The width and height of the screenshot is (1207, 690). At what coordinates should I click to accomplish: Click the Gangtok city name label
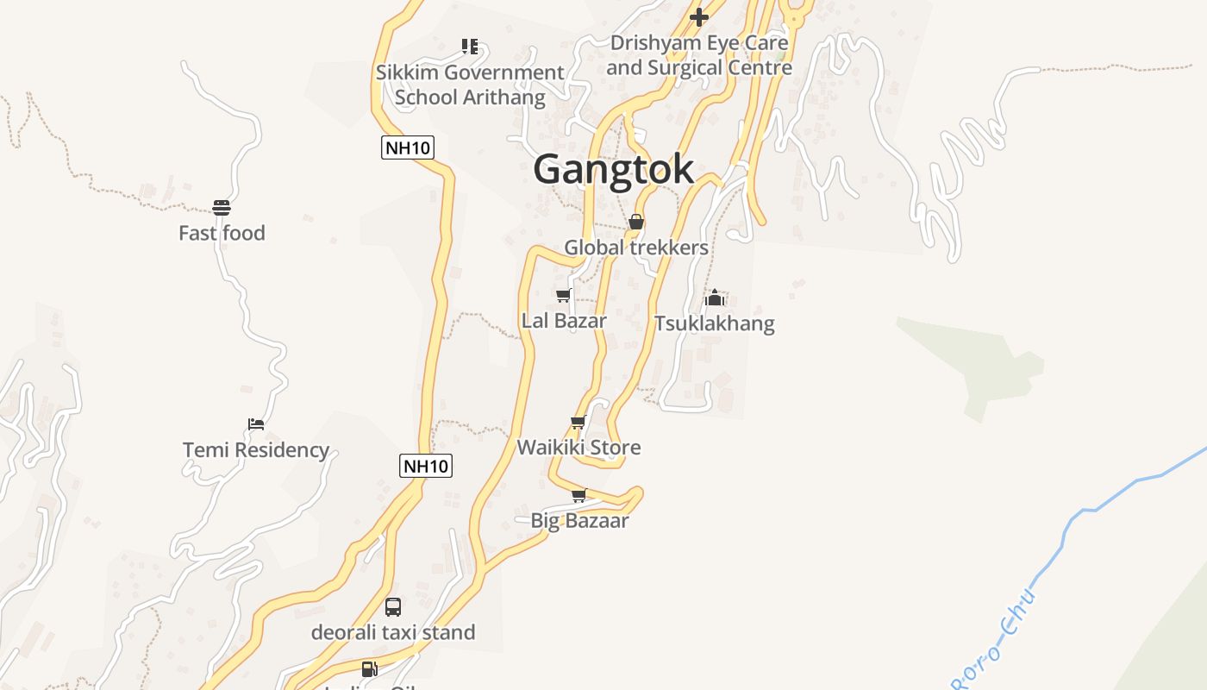tap(613, 169)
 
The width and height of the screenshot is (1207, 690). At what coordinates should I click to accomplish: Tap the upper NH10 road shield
tap(408, 147)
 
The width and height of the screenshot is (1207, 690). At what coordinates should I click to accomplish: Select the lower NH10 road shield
tap(427, 467)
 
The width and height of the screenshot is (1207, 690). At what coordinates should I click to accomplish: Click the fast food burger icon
tap(222, 208)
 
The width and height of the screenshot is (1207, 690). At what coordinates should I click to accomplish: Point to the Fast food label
tap(222, 233)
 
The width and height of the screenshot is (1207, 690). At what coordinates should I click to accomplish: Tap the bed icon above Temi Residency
tap(255, 424)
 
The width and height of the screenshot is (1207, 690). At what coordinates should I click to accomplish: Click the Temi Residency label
tap(256, 450)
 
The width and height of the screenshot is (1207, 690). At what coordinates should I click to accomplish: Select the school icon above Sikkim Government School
tap(469, 47)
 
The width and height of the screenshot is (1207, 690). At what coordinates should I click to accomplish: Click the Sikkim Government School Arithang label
tap(470, 85)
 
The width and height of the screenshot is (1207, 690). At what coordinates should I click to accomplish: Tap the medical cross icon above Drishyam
tap(699, 16)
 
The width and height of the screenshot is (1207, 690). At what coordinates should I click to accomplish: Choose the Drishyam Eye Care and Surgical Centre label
tap(698, 55)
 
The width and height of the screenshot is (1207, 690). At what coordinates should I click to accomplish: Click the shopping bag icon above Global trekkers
tap(636, 223)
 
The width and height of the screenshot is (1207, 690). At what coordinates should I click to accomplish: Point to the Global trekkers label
tap(636, 248)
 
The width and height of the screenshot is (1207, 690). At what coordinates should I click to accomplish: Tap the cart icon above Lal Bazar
tap(564, 296)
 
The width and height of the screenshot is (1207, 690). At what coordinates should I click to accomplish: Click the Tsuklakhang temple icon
tap(714, 298)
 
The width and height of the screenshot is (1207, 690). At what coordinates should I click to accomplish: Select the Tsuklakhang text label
tap(714, 324)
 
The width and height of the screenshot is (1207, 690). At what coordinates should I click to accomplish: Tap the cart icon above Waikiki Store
tap(578, 423)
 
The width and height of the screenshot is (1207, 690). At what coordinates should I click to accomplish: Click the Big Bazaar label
tap(579, 521)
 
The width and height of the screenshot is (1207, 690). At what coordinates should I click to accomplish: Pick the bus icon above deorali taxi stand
tap(393, 607)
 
